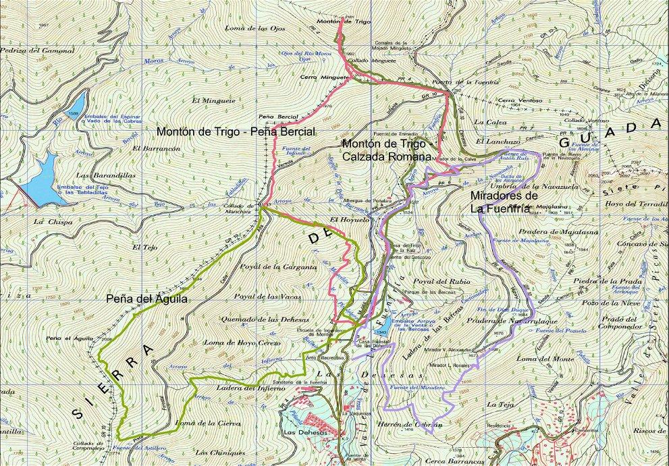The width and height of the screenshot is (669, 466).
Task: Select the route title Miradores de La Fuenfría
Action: coord(504,201)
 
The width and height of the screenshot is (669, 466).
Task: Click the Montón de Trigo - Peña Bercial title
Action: coord(236,131)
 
